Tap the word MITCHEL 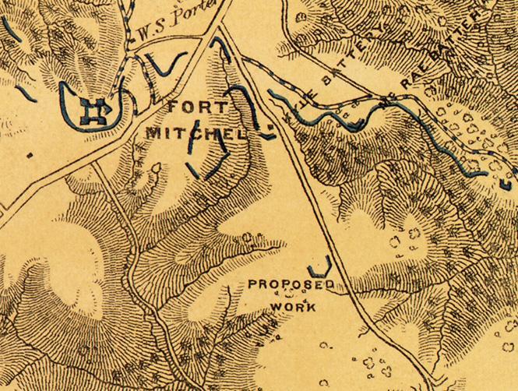click(x=197, y=132)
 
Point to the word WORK click(x=293, y=306)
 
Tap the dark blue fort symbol click(x=95, y=113)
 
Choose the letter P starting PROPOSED click(x=252, y=284)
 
